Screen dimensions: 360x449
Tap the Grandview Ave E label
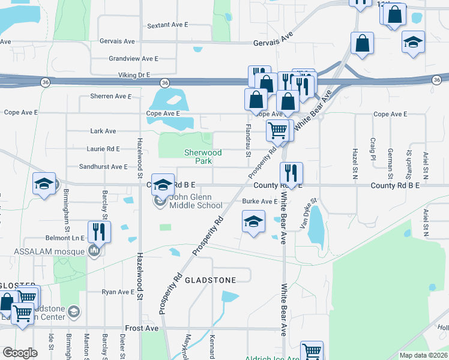click(133, 59)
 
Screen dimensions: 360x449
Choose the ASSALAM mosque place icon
click(94, 250)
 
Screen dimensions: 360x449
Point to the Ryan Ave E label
click(118, 292)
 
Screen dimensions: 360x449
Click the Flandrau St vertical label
click(248, 140)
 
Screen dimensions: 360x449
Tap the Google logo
click(20, 353)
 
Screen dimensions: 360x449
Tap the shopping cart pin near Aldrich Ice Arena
click(312, 351)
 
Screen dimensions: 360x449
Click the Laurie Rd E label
click(104, 148)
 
